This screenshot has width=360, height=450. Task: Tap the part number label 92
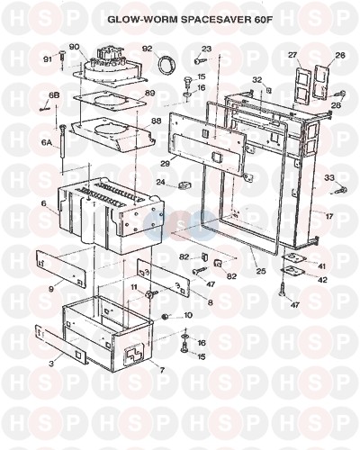tap(148, 49)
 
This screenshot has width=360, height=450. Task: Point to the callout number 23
tap(206, 49)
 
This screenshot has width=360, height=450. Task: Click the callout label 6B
tap(54, 95)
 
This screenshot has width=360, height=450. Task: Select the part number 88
tap(156, 121)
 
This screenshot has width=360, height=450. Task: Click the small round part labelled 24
tap(182, 186)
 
